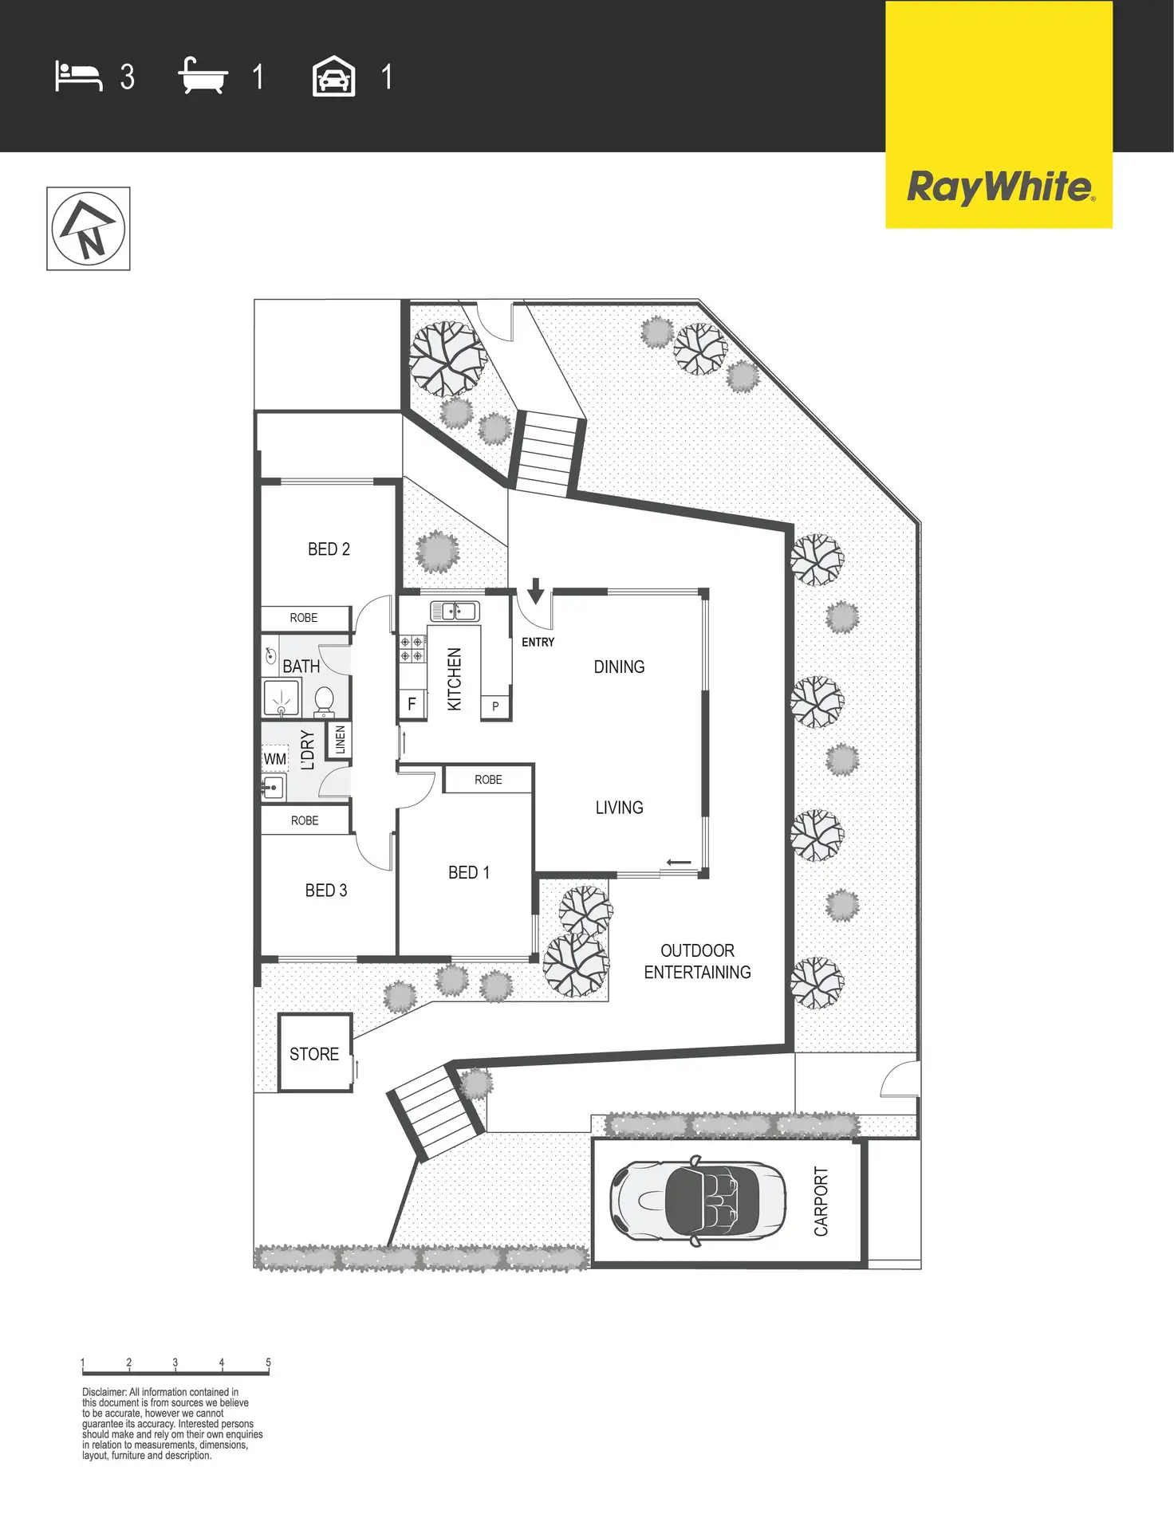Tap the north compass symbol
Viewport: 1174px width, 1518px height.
tap(89, 229)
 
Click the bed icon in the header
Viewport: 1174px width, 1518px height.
tap(78, 77)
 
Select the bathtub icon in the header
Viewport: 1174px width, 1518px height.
tap(203, 76)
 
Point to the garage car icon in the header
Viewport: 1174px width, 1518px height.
tap(333, 77)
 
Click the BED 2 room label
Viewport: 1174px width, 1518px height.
tap(329, 549)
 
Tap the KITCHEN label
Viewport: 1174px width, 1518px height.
tap(455, 678)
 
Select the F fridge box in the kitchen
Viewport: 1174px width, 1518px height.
tap(412, 704)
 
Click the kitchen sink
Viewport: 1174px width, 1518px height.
tap(455, 612)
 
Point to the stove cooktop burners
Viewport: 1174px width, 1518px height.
tap(412, 649)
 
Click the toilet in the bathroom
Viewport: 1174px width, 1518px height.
tap(324, 702)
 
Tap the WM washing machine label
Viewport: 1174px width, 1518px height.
tap(275, 759)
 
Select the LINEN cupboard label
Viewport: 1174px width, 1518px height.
tap(341, 740)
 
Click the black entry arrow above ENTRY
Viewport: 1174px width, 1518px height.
tap(536, 590)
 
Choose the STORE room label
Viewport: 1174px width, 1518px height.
tap(314, 1054)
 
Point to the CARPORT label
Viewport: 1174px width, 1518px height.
tap(821, 1201)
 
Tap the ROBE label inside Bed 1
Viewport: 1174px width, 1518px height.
tap(488, 780)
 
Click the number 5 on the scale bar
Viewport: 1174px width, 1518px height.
tap(268, 1363)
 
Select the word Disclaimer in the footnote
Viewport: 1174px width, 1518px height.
tap(104, 1392)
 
